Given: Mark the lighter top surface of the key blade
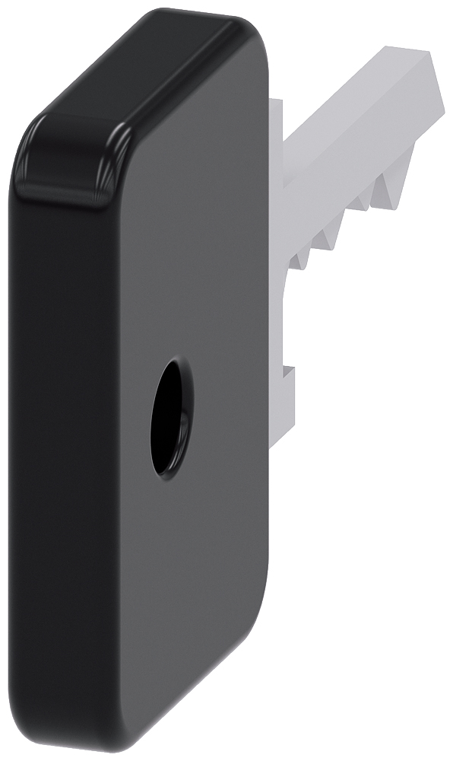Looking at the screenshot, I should [x=357, y=91].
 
